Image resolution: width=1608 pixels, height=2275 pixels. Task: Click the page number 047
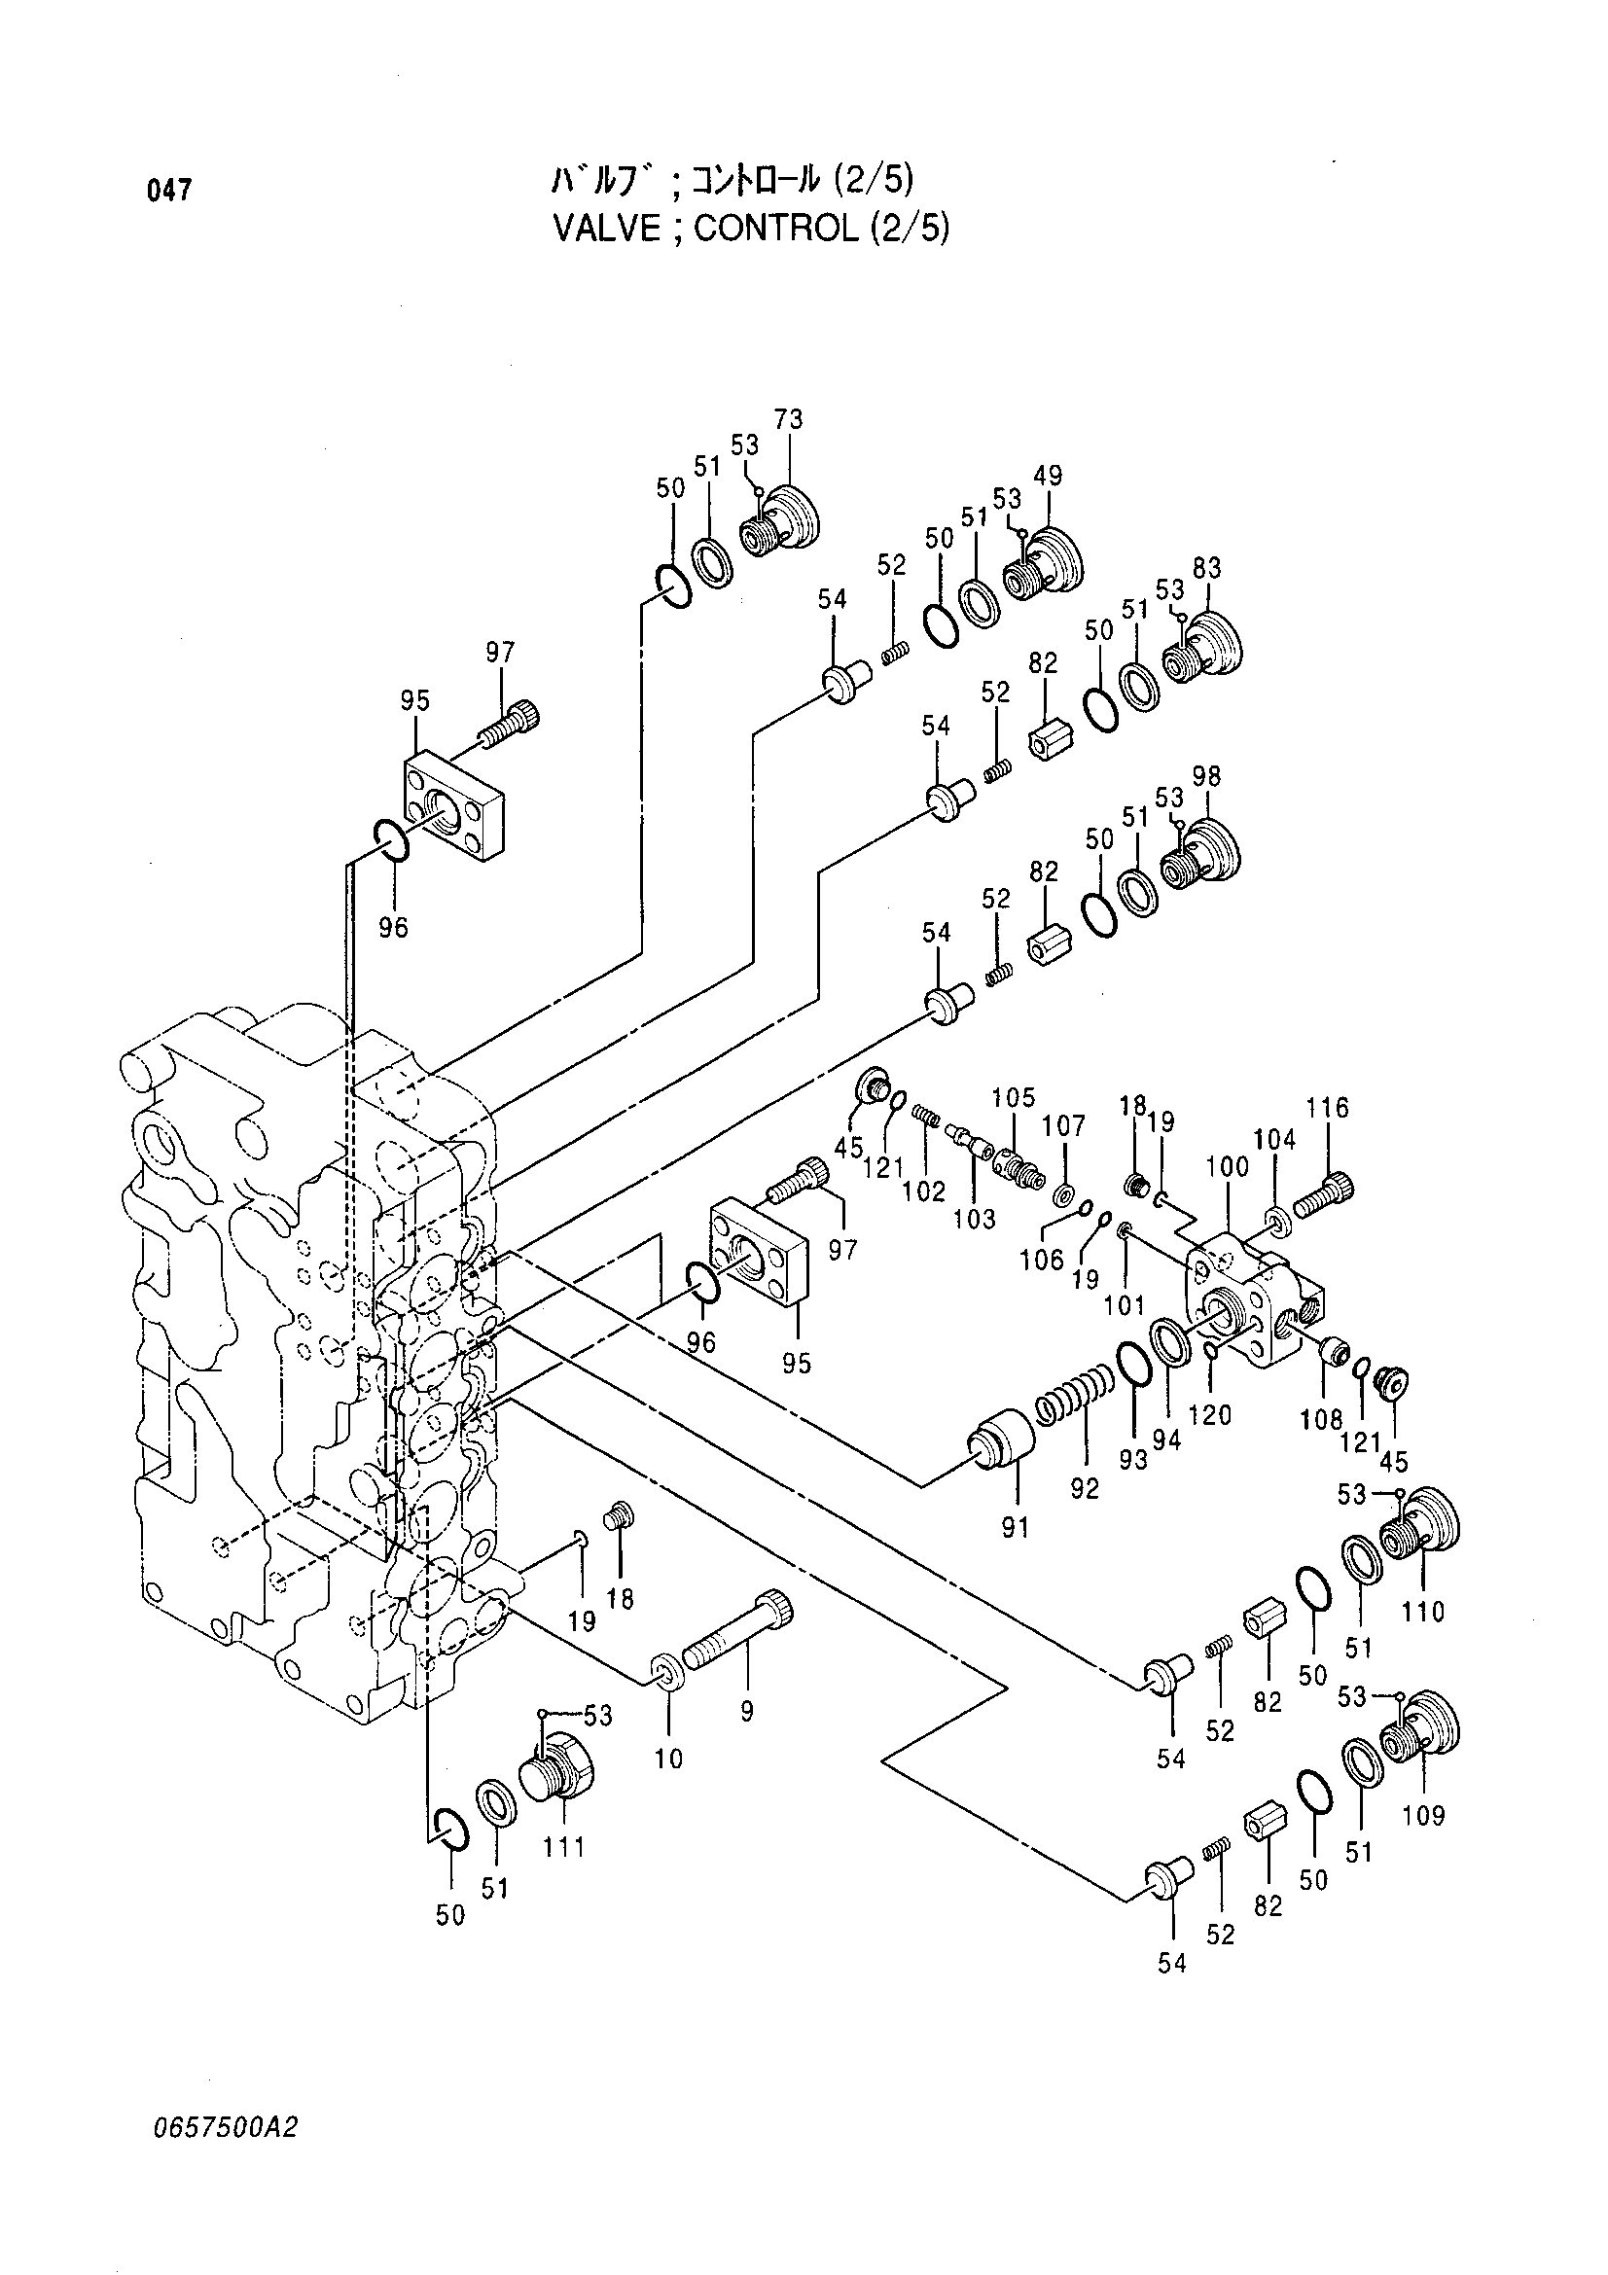(x=168, y=191)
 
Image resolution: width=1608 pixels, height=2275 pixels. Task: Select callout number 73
(x=790, y=419)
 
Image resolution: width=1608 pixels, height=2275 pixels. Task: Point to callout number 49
(x=1048, y=476)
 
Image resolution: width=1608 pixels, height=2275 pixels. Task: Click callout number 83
(x=1207, y=569)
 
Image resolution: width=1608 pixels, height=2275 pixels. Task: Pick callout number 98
(x=1207, y=777)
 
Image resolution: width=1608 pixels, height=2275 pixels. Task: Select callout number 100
(x=1228, y=1167)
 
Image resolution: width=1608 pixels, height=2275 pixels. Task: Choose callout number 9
(x=747, y=1711)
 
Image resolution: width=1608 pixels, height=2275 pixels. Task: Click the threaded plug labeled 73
(x=783, y=520)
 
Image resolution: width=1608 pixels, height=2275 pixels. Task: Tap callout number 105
(x=1013, y=1097)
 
